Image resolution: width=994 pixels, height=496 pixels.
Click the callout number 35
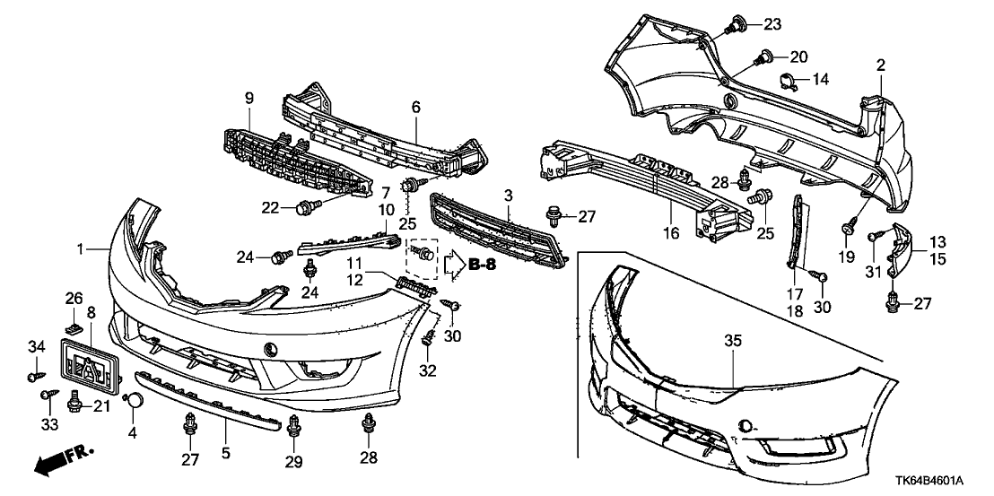(x=733, y=341)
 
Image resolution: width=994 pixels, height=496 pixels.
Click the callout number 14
(x=821, y=79)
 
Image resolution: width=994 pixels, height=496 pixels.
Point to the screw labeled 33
(x=46, y=395)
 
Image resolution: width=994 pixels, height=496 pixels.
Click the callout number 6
(x=415, y=107)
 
